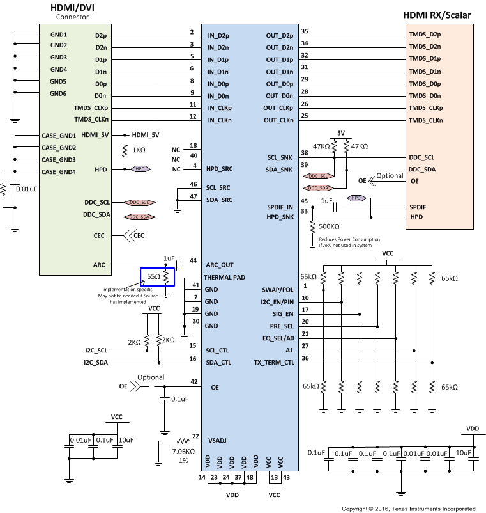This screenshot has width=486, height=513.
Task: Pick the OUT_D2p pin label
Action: tap(280, 35)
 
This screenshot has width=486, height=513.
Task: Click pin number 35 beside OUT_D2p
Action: tap(305, 31)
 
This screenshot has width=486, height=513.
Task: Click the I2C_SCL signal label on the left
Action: tap(96, 351)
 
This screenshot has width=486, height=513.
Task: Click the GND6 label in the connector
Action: tap(58, 93)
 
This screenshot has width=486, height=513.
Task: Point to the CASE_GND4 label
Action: tap(59, 171)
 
